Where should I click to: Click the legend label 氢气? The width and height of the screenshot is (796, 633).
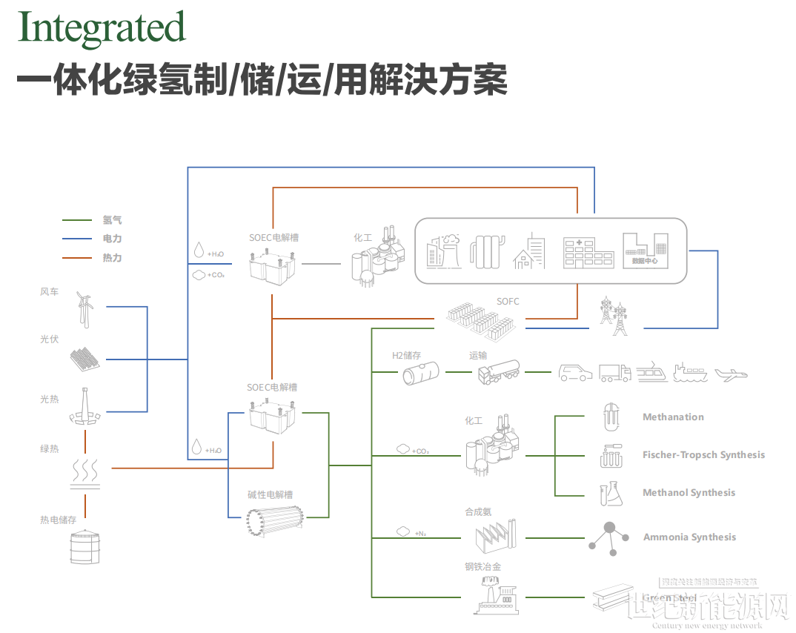[x=113, y=220]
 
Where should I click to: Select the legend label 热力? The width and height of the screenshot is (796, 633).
[x=113, y=258]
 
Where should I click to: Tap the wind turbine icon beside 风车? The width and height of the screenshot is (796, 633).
[x=86, y=307]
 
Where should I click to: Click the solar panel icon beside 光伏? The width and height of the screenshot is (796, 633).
[x=85, y=359]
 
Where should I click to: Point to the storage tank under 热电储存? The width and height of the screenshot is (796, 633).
[x=83, y=549]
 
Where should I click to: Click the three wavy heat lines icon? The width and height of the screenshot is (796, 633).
[x=86, y=472]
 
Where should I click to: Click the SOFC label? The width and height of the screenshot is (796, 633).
[x=508, y=301]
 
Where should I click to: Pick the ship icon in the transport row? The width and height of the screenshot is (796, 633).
[x=691, y=373]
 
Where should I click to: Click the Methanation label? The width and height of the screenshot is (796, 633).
[x=673, y=417]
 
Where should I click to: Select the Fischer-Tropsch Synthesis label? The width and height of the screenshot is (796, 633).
[x=703, y=455]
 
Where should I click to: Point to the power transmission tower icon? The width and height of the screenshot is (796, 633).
[x=613, y=316]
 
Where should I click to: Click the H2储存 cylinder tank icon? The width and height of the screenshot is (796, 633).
[x=420, y=373]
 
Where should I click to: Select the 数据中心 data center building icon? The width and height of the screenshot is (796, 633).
[x=644, y=251]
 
